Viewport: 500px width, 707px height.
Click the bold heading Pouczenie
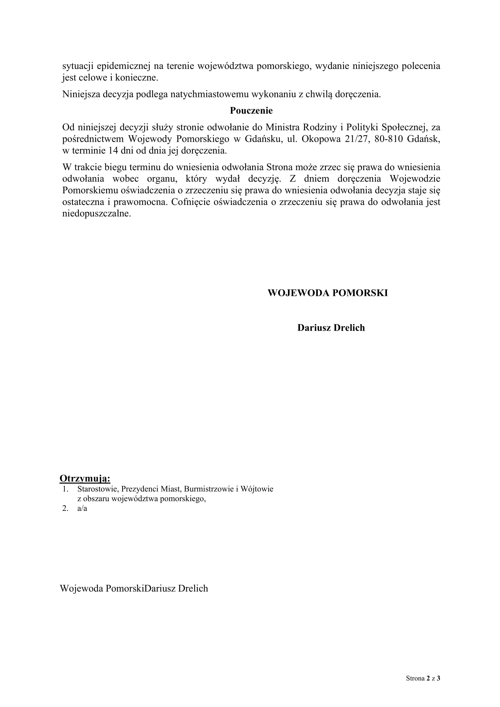click(251, 111)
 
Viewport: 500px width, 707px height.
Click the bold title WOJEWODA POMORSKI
click(328, 293)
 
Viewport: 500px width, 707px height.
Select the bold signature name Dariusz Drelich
click(331, 328)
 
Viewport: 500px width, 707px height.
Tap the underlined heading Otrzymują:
click(85, 478)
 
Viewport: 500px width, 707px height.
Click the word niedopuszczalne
click(96, 214)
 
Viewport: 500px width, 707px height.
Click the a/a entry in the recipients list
click(82, 508)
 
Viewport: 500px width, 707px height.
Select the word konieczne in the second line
click(136, 78)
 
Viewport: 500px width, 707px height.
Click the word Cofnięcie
click(190, 202)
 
